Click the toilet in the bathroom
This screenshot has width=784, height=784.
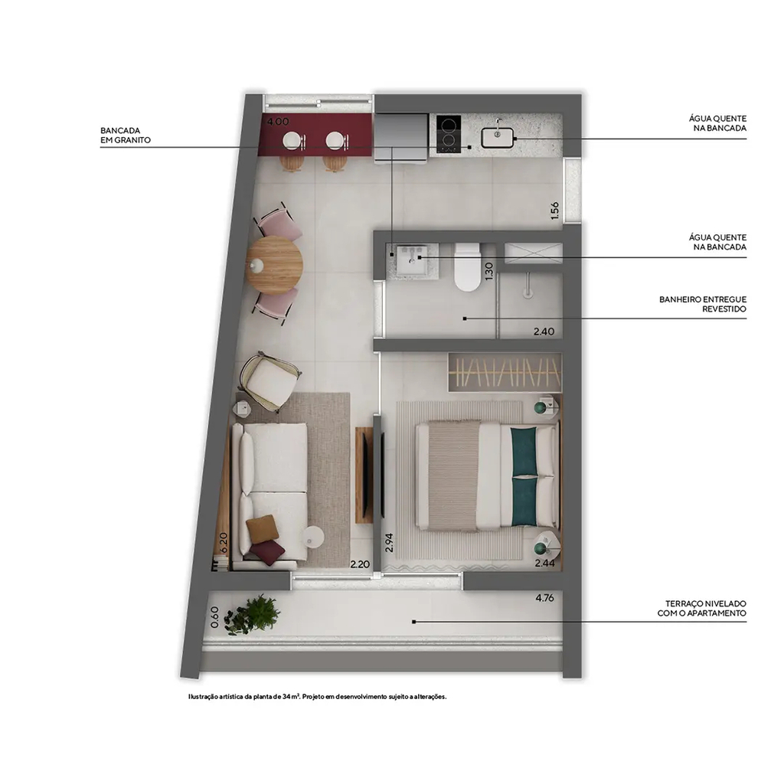[468, 266]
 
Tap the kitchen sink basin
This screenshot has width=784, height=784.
[498, 138]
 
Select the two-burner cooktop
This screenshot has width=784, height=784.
[449, 134]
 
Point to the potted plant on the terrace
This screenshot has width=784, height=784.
[253, 615]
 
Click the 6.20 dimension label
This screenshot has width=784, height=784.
[224, 543]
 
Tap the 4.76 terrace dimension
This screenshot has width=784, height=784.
[544, 597]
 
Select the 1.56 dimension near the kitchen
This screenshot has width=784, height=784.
[554, 211]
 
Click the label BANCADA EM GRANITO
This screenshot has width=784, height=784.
[126, 136]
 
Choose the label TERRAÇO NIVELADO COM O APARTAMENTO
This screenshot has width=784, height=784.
[701, 609]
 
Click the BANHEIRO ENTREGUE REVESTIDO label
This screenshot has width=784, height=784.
[703, 304]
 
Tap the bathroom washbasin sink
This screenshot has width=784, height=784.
[412, 259]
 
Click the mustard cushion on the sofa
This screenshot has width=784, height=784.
[262, 529]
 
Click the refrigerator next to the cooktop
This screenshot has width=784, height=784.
[401, 138]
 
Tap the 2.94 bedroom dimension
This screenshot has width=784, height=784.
[390, 543]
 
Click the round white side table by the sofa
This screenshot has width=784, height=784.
[312, 537]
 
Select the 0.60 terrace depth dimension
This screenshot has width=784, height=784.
[214, 617]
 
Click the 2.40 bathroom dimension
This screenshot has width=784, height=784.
[544, 332]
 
